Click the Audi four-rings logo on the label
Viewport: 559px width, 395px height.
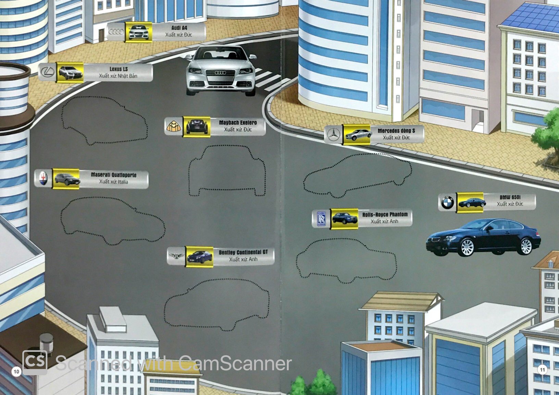pos(116,32)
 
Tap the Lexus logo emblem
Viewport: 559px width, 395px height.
pos(47,72)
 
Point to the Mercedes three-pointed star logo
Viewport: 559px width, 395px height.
pos(333,134)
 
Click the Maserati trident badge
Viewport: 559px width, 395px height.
pos(43,178)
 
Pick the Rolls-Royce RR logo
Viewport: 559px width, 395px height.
pos(321,219)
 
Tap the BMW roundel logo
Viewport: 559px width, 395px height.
pos(447,202)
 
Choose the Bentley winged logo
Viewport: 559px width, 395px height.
pos(176,256)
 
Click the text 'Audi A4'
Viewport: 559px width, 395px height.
pos(179,27)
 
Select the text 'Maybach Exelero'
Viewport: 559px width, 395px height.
pos(238,122)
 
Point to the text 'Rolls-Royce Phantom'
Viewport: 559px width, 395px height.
pos(385,215)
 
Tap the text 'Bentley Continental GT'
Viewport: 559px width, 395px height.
pos(243,252)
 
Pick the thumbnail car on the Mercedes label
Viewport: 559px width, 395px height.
pos(357,135)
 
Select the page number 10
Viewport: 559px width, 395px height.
pos(16,371)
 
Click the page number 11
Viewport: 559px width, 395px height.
pos(542,370)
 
